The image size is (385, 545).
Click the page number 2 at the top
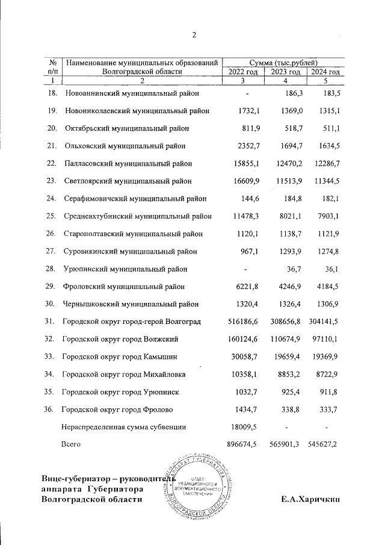click(x=194, y=34)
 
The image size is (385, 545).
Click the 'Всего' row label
click(x=71, y=444)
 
